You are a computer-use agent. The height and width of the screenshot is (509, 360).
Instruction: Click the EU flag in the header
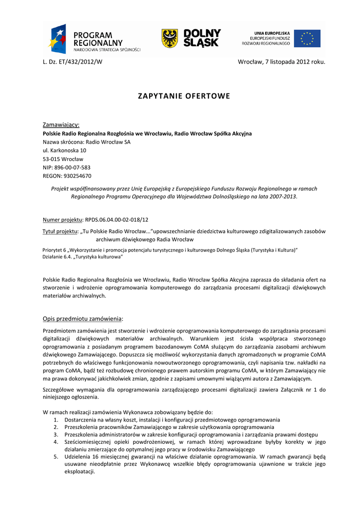tap(307, 38)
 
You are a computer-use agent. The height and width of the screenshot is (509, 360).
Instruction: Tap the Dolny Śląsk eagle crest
tap(170, 38)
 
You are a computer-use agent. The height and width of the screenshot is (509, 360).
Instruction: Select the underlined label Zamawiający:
tap(61, 124)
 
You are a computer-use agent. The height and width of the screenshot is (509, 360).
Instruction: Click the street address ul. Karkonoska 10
tap(65, 150)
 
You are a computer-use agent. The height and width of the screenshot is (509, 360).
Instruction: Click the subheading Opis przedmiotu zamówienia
tap(82, 319)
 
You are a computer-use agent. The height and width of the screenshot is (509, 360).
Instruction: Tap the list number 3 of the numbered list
tap(56, 434)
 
